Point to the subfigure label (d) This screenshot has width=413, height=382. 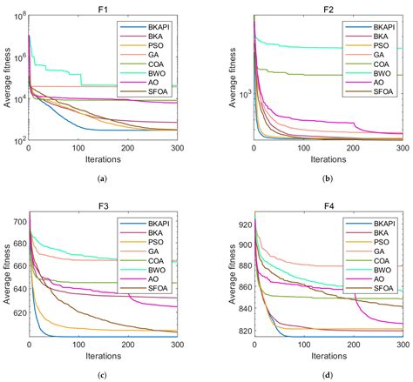[328, 374]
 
